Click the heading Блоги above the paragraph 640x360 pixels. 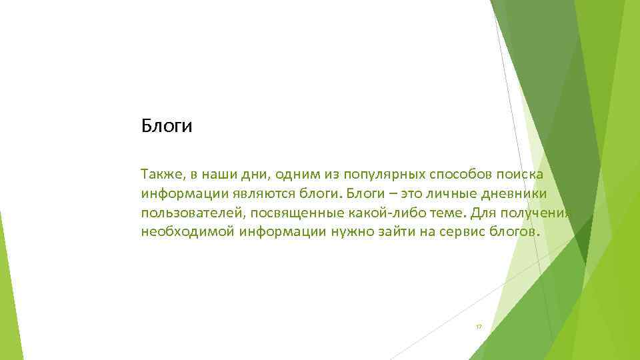(166, 126)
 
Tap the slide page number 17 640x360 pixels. (479, 327)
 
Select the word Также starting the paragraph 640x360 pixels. (159, 174)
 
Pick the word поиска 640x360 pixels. (521, 174)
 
